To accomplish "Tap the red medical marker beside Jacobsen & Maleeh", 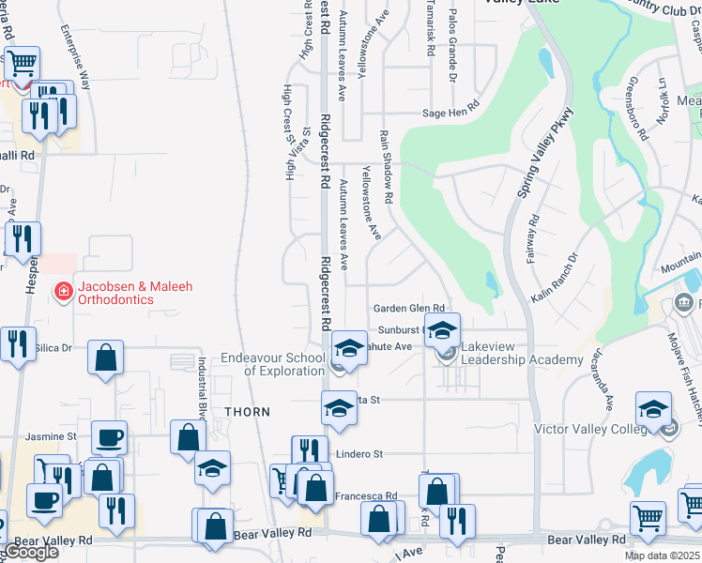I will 64,292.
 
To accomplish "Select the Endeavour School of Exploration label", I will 272,364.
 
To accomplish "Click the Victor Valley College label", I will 590,429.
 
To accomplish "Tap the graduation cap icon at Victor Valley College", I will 653,411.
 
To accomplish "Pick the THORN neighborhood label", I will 247,412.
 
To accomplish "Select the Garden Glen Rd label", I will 407,309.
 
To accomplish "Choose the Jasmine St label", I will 51,436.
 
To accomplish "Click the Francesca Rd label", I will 366,495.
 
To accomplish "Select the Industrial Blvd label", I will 201,387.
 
